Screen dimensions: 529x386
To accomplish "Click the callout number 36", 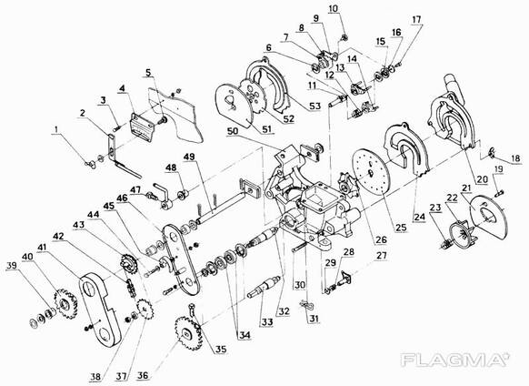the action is point(143,375).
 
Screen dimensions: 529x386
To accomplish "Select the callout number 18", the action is point(516,158).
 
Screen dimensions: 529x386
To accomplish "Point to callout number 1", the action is point(56,128).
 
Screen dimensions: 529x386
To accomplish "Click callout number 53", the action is point(314,107).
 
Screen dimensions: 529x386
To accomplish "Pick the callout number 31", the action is point(314,319).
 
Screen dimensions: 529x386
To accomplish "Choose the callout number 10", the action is point(333,9).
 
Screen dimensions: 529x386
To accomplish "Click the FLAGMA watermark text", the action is point(454,360).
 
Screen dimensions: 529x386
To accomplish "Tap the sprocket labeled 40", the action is point(65,303).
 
